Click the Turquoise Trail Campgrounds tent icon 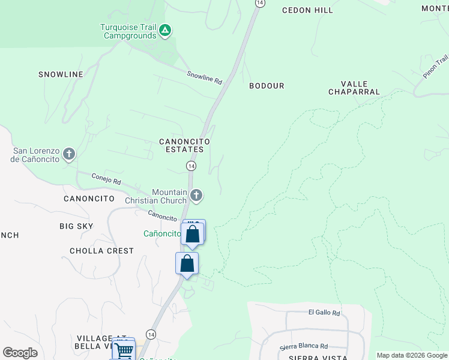point(166,29)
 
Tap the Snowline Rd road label point(204,77)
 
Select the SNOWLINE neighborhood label point(61,74)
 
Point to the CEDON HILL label point(307,10)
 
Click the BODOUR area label point(267,86)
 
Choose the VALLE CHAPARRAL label point(354,88)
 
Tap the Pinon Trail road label point(436,67)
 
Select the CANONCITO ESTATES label point(184,145)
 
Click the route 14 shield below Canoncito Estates point(191,166)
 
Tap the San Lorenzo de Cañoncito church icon point(69,155)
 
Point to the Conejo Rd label point(106,178)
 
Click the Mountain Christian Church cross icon point(196,195)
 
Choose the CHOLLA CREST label point(101,251)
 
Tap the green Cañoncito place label point(162,233)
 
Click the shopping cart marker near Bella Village point(124,349)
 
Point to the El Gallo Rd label point(324,313)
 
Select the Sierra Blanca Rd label point(304,346)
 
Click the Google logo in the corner point(20,353)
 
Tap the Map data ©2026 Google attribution point(411,355)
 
